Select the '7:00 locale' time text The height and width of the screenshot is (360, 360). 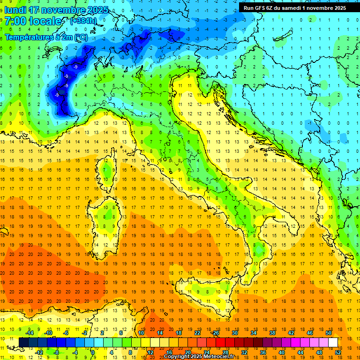[x=34, y=21]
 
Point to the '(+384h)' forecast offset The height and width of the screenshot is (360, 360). [x=83, y=21]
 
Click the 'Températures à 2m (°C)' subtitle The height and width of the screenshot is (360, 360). [x=46, y=37]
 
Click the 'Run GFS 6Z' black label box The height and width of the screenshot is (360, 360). [x=295, y=7]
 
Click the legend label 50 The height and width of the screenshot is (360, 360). [x=329, y=333]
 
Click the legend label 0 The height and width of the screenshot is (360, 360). [x=93, y=352]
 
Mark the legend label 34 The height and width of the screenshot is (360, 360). [x=253, y=333]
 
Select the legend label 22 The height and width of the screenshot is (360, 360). [x=197, y=333]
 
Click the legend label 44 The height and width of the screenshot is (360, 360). [x=300, y=352]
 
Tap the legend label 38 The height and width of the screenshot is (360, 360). [x=272, y=333]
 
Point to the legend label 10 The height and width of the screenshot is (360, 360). [x=141, y=333]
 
